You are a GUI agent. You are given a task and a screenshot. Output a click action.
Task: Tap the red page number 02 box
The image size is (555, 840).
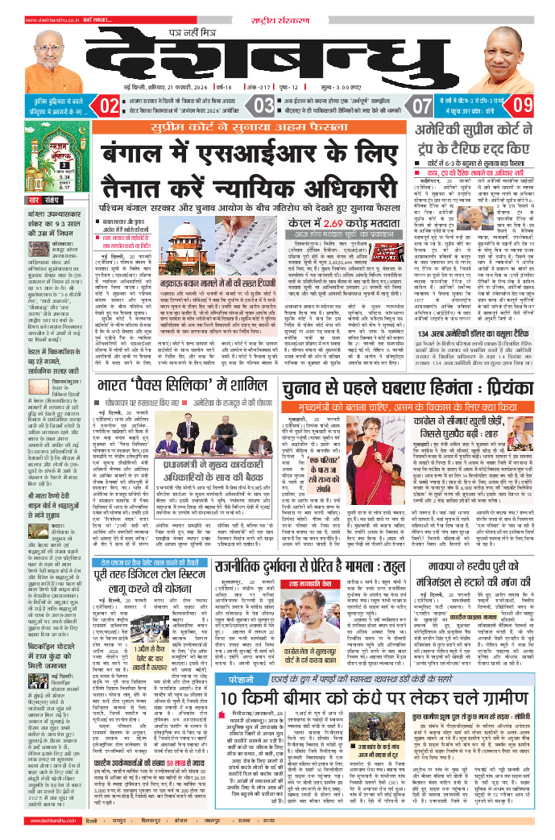110,106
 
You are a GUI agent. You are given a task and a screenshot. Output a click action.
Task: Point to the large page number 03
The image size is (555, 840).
263,106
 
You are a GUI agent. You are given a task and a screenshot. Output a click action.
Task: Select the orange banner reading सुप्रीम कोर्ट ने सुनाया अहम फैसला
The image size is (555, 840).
277,127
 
